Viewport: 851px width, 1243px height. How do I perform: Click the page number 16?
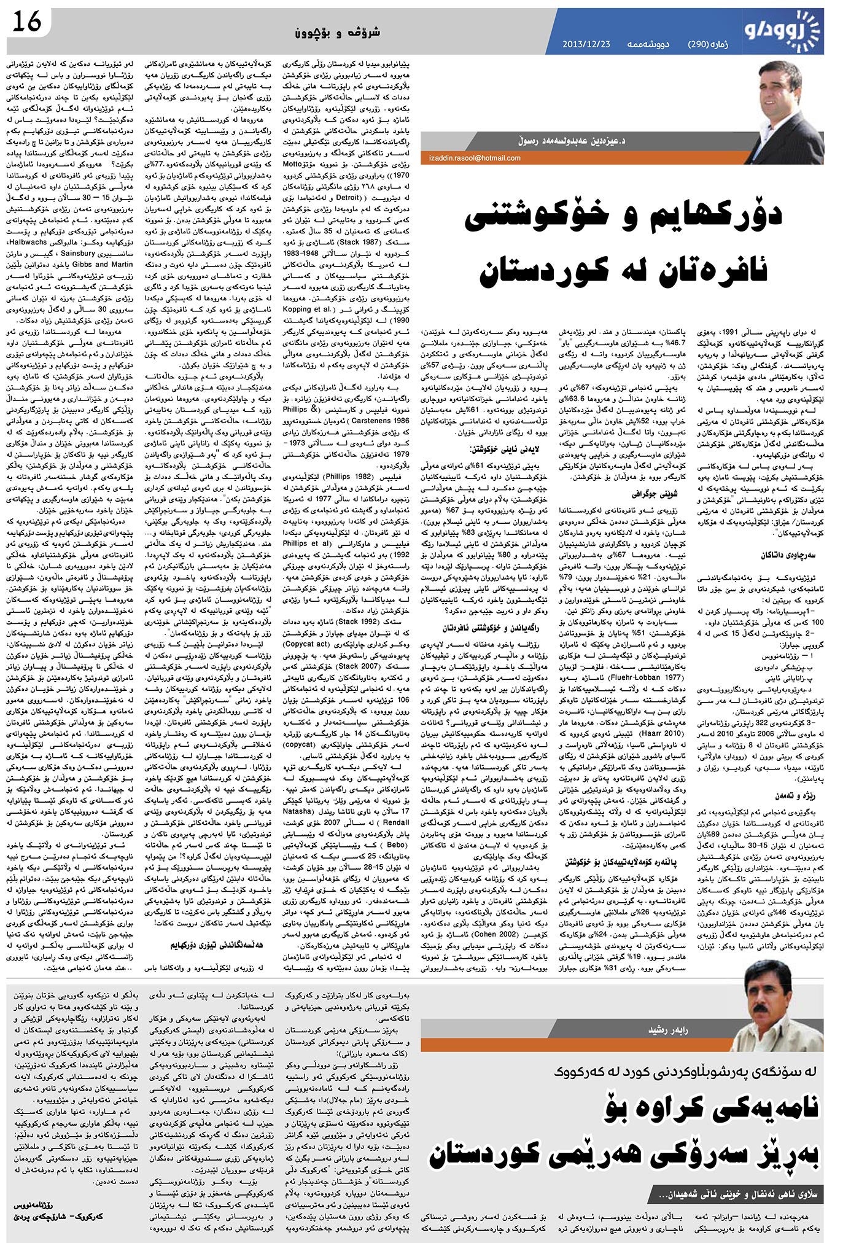click(x=26, y=23)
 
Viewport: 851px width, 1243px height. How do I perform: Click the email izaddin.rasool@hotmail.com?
click(x=474, y=158)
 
